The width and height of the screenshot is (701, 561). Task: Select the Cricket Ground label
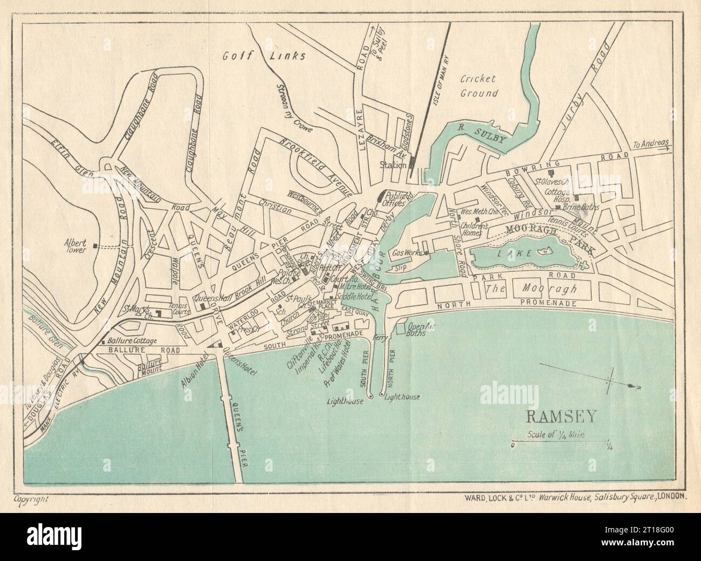pos(478,85)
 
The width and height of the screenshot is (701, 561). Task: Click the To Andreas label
pos(651,144)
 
